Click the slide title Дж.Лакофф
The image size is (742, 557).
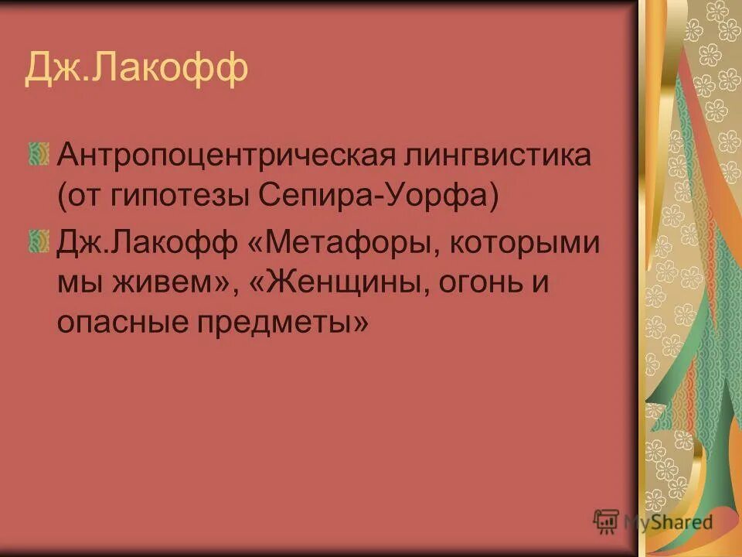point(136,68)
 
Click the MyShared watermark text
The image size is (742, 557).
point(668,521)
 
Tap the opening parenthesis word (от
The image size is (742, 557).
point(78,199)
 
